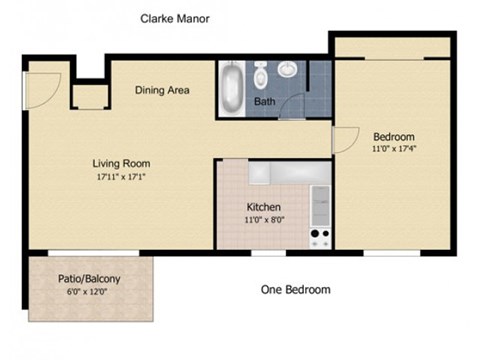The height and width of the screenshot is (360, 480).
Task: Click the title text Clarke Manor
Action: [174, 19]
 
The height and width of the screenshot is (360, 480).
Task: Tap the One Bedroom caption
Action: [295, 290]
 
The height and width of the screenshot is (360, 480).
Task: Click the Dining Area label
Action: [162, 90]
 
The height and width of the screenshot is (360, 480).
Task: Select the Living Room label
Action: [121, 163]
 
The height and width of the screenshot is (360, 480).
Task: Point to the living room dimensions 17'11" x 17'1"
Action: [121, 178]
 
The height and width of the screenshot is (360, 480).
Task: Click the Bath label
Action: [265, 102]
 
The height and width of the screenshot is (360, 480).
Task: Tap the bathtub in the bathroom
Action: [231, 90]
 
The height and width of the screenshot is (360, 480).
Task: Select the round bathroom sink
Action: [288, 69]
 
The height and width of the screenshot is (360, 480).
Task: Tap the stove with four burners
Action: [321, 238]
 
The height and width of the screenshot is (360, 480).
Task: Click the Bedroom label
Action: [394, 137]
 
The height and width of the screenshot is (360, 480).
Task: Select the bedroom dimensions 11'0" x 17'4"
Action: [394, 150]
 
